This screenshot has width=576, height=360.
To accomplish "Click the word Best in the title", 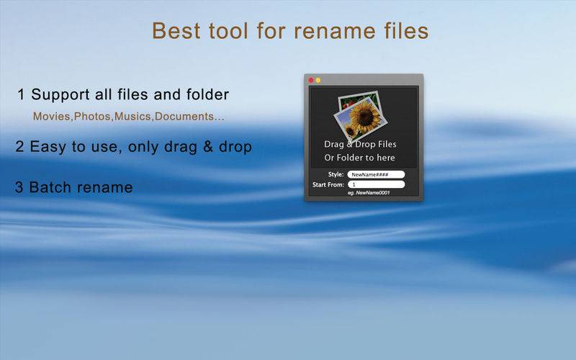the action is click(176, 30).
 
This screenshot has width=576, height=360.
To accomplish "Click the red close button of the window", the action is click(311, 80).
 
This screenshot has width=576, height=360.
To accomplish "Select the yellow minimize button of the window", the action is click(318, 80).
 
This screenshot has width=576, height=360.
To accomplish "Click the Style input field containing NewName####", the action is click(376, 174).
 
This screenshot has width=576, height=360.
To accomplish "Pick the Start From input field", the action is click(376, 184).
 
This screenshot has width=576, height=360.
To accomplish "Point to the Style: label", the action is click(336, 174).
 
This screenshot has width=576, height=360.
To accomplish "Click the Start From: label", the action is click(328, 184).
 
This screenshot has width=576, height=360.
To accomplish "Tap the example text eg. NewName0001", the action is click(369, 193).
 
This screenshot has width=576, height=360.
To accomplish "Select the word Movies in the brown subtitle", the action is click(51, 117).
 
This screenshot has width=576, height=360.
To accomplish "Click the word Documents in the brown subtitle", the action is click(184, 117).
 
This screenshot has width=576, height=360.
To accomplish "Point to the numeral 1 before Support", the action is click(21, 95).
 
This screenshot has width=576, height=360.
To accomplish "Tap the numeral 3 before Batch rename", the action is click(19, 187).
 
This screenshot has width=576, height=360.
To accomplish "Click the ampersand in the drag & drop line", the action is click(207, 147).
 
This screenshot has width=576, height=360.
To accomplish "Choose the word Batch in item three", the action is click(52, 187).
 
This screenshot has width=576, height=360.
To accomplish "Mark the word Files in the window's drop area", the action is click(387, 144).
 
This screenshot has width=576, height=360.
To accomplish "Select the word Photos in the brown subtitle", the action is click(92, 117).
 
